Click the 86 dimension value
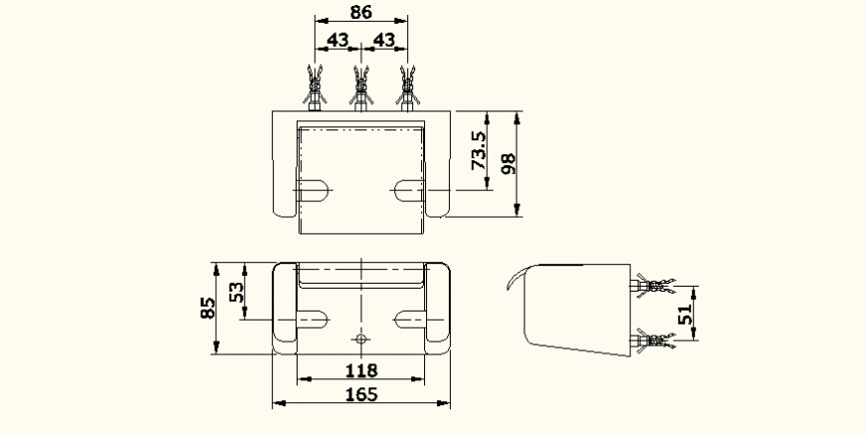coord(360,13)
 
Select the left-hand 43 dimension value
coord(338,39)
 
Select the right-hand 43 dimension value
coord(383,39)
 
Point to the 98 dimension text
coord(508,164)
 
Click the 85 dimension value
coord(205,308)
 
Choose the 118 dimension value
coord(360,370)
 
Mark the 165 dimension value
coord(360,395)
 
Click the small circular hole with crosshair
coord(360,339)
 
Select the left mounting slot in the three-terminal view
coord(316,189)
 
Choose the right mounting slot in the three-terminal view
coord(408,189)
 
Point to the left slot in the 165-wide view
coord(312,319)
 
